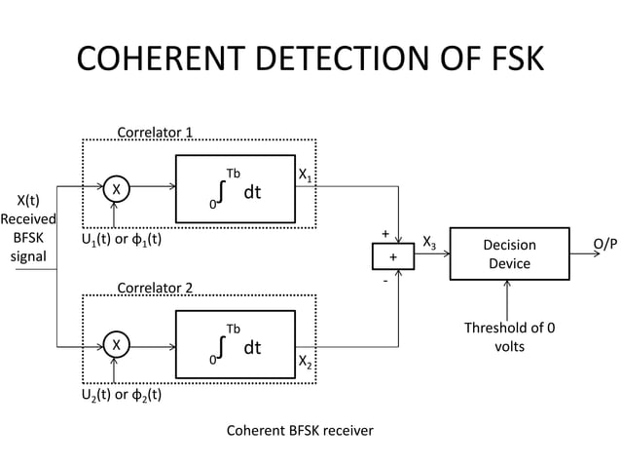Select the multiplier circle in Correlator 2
point(116,344)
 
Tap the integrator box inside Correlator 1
point(235,187)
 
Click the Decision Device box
point(509,253)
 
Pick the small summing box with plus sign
point(393,256)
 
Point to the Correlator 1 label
point(155,132)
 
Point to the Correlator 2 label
point(155,288)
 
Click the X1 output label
point(305,175)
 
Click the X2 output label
point(305,363)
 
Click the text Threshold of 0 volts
point(510,337)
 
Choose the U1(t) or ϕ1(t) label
point(121,239)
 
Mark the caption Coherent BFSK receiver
point(300,430)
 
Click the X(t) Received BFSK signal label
point(28,227)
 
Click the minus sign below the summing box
point(385,280)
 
